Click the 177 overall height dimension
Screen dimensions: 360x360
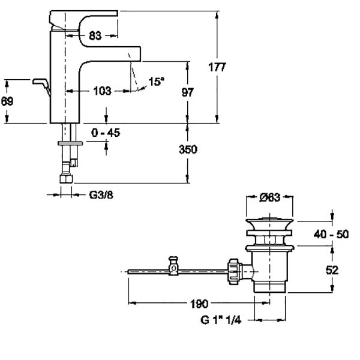pos(217,67)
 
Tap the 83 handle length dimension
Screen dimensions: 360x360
pos(95,35)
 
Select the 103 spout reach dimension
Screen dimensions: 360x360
pos(103,91)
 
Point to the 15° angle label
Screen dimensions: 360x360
pos(157,82)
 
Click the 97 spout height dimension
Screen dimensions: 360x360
pos(188,92)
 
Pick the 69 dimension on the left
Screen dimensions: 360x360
pos(7,101)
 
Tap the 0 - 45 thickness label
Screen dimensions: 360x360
pos(106,133)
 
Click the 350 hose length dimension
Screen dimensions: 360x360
pos(188,149)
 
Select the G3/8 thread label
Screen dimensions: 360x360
pos(101,195)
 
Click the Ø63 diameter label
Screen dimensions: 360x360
pos(270,197)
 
